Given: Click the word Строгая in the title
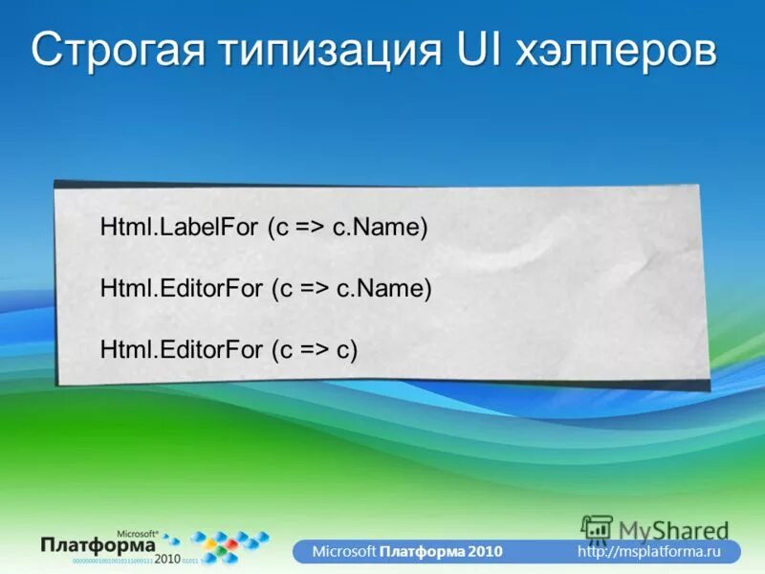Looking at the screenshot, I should (x=123, y=51).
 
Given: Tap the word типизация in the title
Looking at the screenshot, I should (x=328, y=51).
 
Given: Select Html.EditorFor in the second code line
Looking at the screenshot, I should (x=167, y=290).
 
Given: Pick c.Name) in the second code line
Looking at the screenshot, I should (x=383, y=290).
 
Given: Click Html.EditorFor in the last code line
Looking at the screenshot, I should (x=167, y=349).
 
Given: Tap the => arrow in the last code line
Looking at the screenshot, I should (x=314, y=350).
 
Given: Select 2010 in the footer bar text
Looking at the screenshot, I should (x=483, y=552).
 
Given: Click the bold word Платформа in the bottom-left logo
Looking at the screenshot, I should (x=98, y=543).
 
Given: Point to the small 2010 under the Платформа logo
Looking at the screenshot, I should (x=167, y=558).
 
